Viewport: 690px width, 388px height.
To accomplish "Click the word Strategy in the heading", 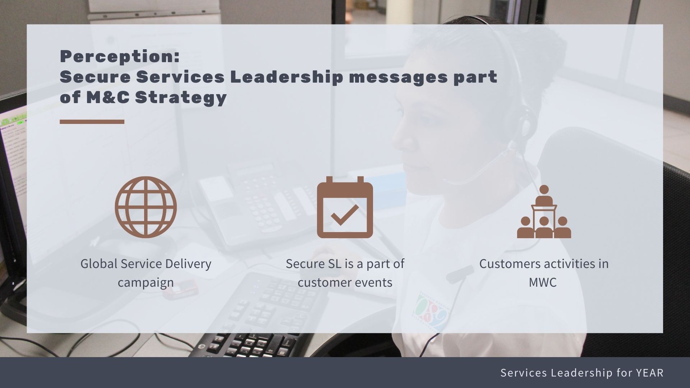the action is pyautogui.click(x=181, y=98).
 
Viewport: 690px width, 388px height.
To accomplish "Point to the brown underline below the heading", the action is pyautogui.click(x=92, y=122).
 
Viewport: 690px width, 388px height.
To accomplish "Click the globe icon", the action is pyautogui.click(x=146, y=207).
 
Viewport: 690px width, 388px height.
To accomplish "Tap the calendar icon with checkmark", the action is pyautogui.click(x=345, y=207).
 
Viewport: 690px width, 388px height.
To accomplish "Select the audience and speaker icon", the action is pyautogui.click(x=544, y=212).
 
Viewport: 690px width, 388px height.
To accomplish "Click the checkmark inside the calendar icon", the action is pyautogui.click(x=345, y=214).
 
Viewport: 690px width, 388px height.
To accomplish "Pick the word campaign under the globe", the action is pyautogui.click(x=146, y=282).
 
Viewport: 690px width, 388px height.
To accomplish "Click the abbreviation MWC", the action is pyautogui.click(x=543, y=282).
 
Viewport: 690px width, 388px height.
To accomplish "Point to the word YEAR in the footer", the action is pyautogui.click(x=649, y=373).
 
